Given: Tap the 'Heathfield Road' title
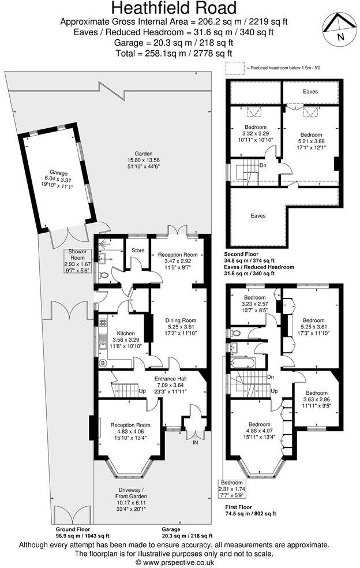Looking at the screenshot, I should tap(174, 8).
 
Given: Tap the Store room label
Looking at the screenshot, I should tap(137, 251).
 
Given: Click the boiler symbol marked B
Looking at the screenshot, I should tap(103, 364).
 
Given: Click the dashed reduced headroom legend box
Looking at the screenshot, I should tap(234, 68).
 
